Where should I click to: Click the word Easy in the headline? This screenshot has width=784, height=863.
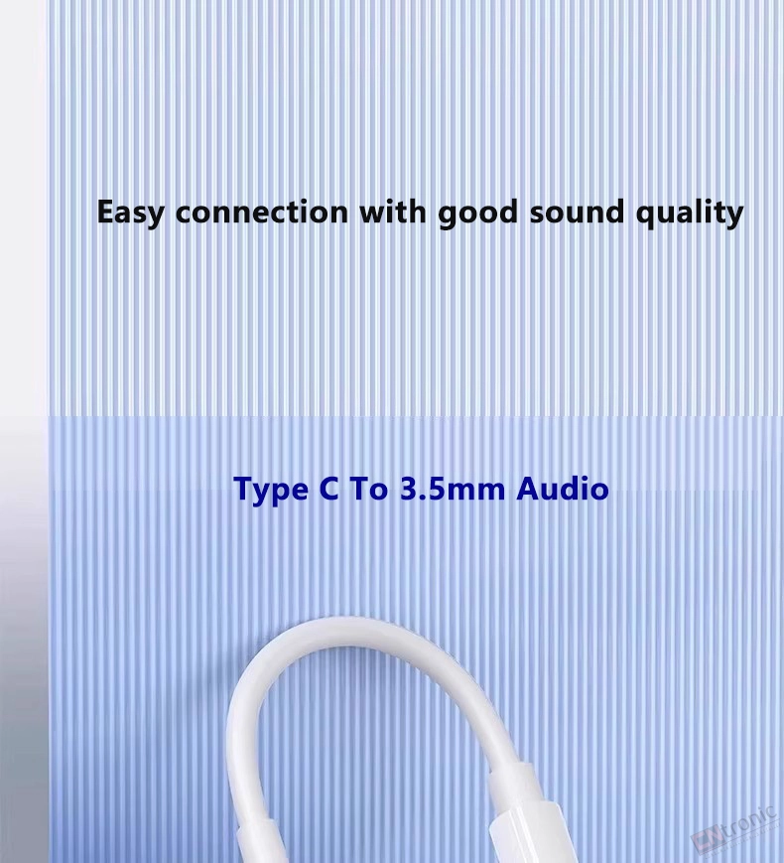pos(130,213)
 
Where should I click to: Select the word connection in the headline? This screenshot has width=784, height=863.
pos(262,212)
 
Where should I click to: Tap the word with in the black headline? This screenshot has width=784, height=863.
pos(393,212)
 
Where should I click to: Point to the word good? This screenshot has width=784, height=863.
pos(478,213)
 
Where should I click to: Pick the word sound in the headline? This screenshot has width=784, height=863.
pos(577,212)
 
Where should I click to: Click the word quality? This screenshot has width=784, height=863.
pos(690,214)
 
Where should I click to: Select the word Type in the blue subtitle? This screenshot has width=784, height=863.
pos(271,490)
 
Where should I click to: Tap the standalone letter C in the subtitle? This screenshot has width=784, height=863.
pos(329,489)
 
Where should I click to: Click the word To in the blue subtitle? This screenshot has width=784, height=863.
pos(368,489)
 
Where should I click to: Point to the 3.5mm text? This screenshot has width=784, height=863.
pos(453,489)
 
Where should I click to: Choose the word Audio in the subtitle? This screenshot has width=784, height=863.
pos(563,489)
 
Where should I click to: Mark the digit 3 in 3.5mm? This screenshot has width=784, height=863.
pos(408,489)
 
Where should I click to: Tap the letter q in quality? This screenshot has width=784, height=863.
pos(646,216)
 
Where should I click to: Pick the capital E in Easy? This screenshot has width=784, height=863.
pos(105,213)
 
